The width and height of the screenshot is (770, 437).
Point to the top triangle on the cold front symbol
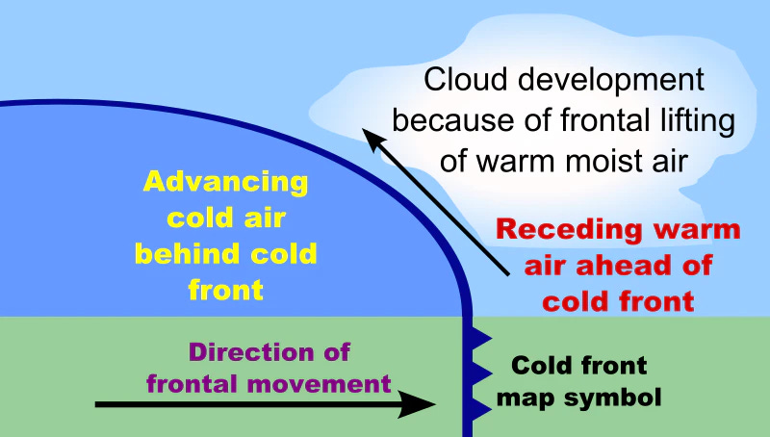pyautogui.click(x=481, y=338)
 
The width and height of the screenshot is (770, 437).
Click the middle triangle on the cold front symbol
pyautogui.click(x=481, y=373)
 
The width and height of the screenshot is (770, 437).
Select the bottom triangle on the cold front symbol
pyautogui.click(x=481, y=408)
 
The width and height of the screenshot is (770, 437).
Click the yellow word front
pyautogui.click(x=226, y=290)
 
